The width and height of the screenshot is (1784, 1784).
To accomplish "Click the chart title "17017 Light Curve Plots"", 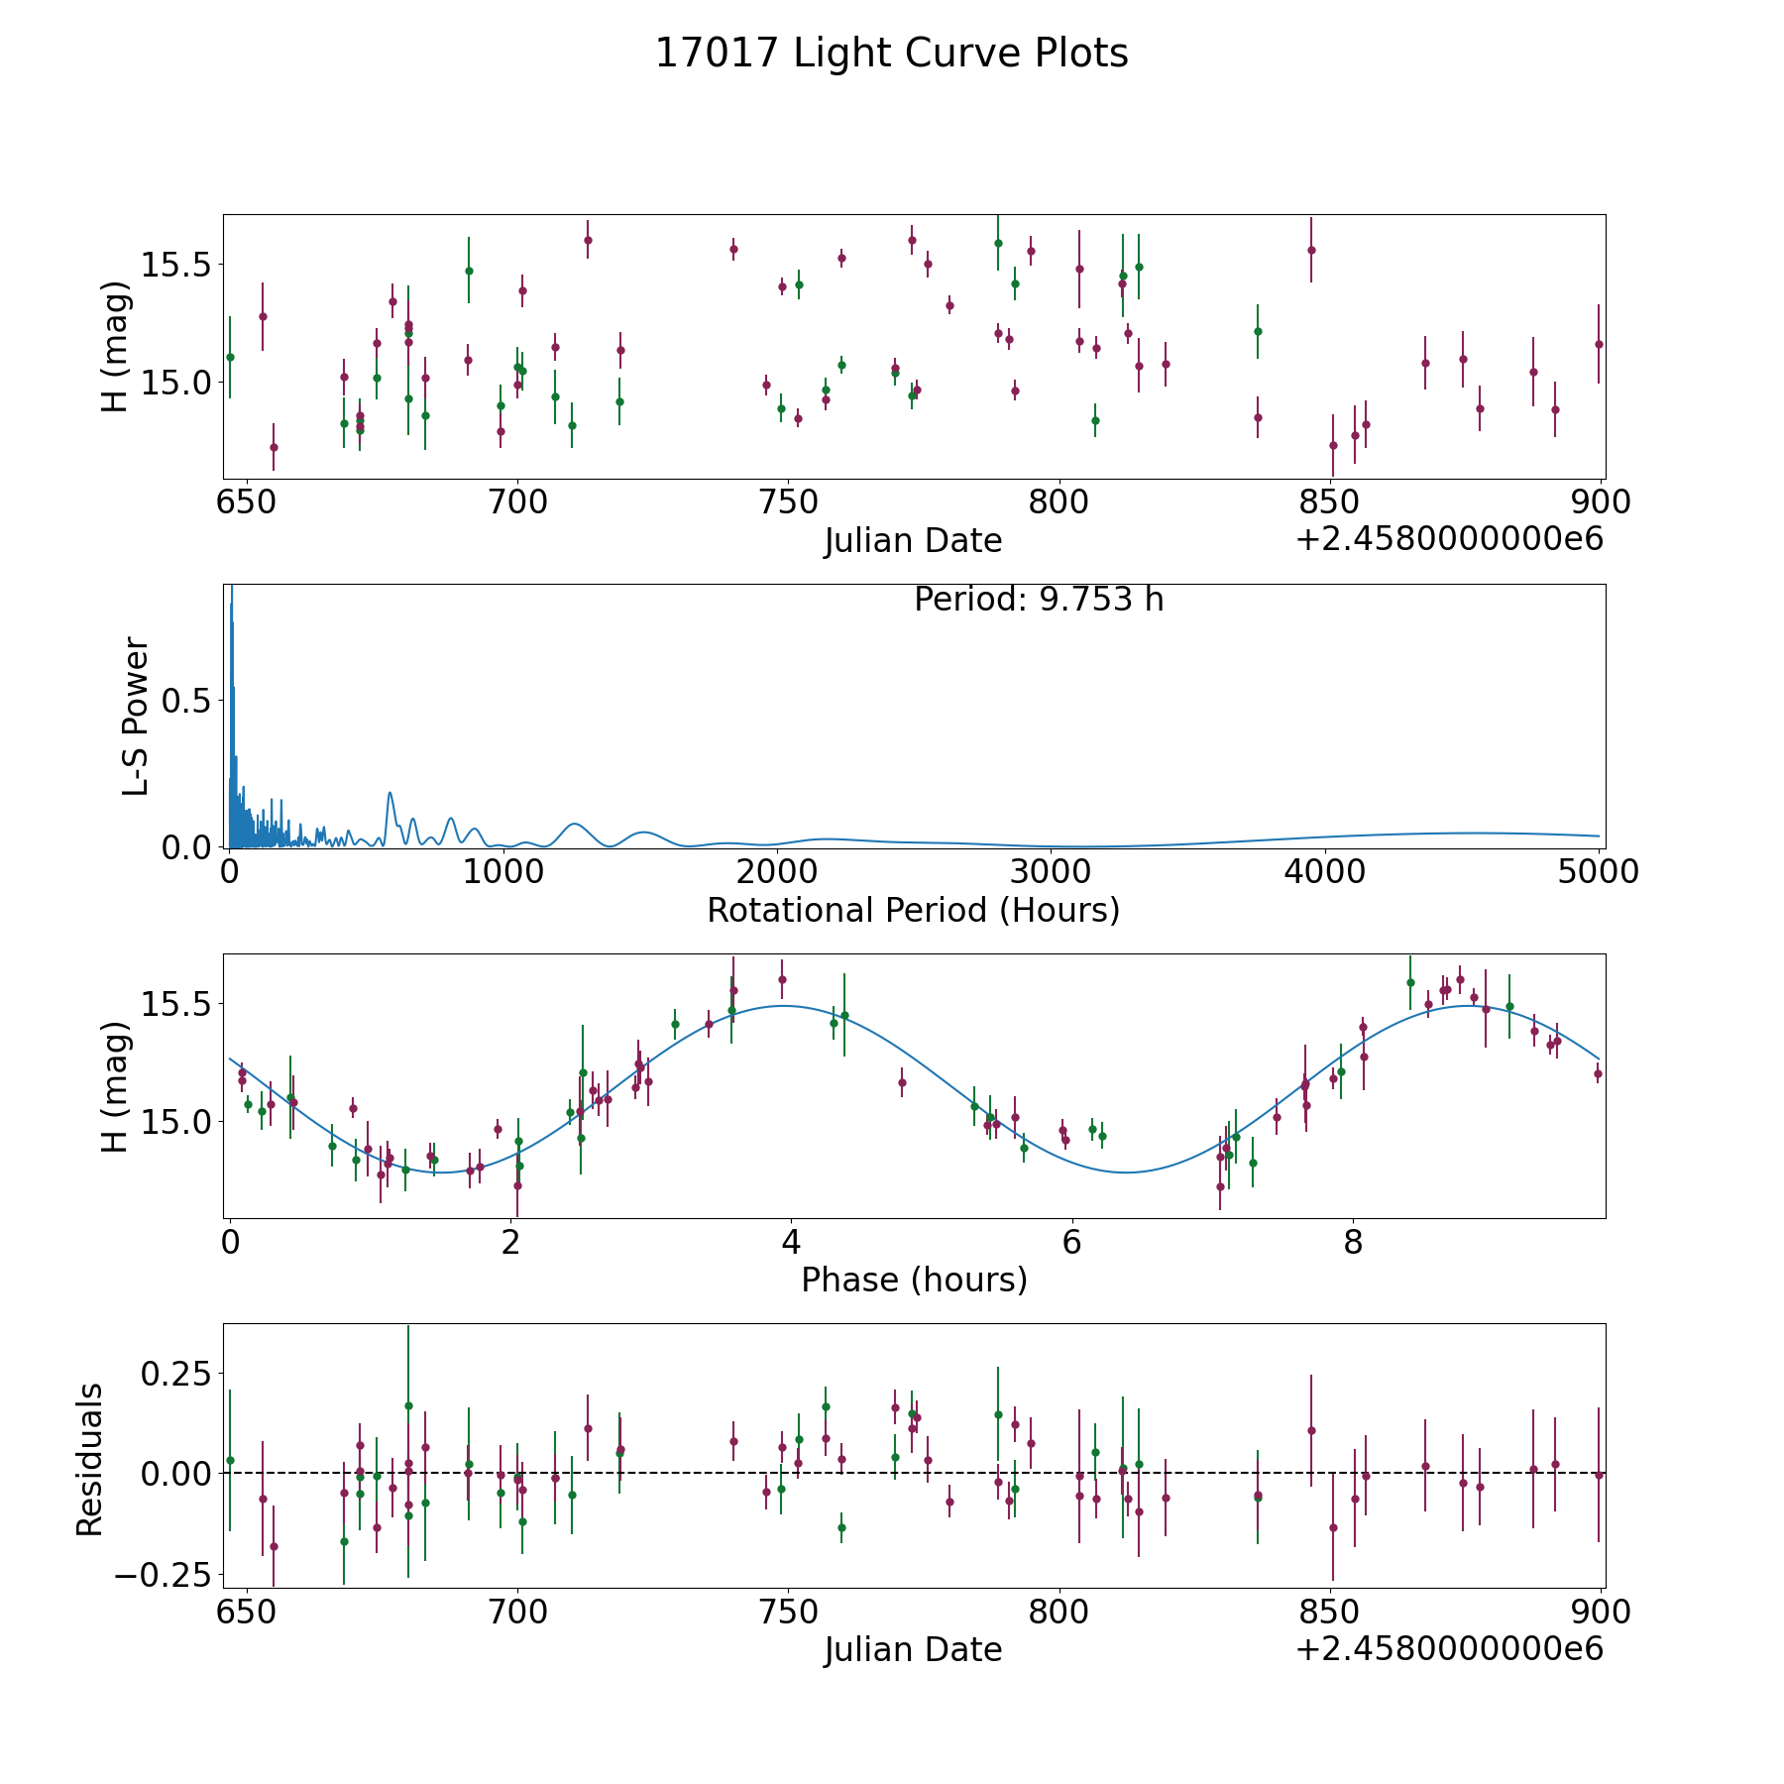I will click(891, 54).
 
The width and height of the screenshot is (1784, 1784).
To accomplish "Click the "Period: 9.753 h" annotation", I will click(1038, 600).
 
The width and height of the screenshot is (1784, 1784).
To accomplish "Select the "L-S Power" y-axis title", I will click(136, 716).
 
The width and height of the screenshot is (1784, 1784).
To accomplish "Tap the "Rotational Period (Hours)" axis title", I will click(913, 910).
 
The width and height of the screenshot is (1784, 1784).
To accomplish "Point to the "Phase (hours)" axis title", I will click(913, 1280).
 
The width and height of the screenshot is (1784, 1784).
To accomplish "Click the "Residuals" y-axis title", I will click(90, 1459).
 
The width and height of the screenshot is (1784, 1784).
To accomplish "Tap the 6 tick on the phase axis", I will click(1071, 1242).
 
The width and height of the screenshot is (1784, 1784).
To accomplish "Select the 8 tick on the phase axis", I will click(1353, 1242).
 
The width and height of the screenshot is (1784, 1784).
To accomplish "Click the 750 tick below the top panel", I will click(788, 502).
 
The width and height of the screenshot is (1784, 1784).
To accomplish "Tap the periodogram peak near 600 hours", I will click(390, 792).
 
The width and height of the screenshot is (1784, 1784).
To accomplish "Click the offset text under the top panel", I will click(1449, 539).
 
